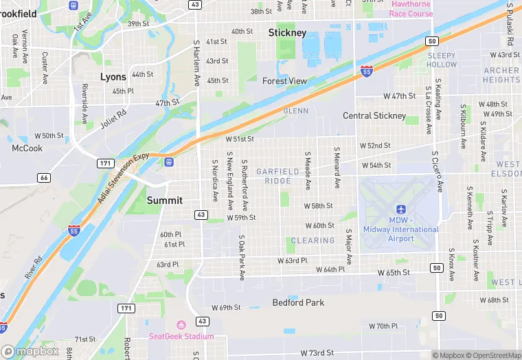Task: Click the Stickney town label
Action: coord(287,33)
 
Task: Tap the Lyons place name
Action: coord(113,77)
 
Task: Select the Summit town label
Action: coord(165,201)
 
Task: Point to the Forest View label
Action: coord(284,81)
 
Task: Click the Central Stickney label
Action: coord(374,116)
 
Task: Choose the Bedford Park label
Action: coord(298,302)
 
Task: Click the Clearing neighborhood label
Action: coord(313,240)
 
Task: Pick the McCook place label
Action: coord(27,148)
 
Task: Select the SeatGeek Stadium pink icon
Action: coord(181,325)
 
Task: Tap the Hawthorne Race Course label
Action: coord(411,9)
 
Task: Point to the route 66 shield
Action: coord(44,178)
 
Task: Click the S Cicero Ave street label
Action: coord(437,171)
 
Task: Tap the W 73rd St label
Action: coord(318,352)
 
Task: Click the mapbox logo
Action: coord(30,351)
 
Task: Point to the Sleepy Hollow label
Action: coord(442,60)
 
